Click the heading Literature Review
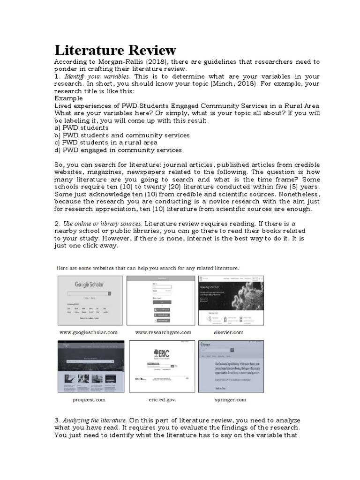point(115,50)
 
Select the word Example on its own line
point(68,98)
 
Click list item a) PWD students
point(82,127)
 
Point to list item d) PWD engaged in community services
point(118,150)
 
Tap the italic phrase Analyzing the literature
point(95,420)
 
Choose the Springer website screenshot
point(231,367)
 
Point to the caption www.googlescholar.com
point(88,332)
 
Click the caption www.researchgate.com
point(163,332)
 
